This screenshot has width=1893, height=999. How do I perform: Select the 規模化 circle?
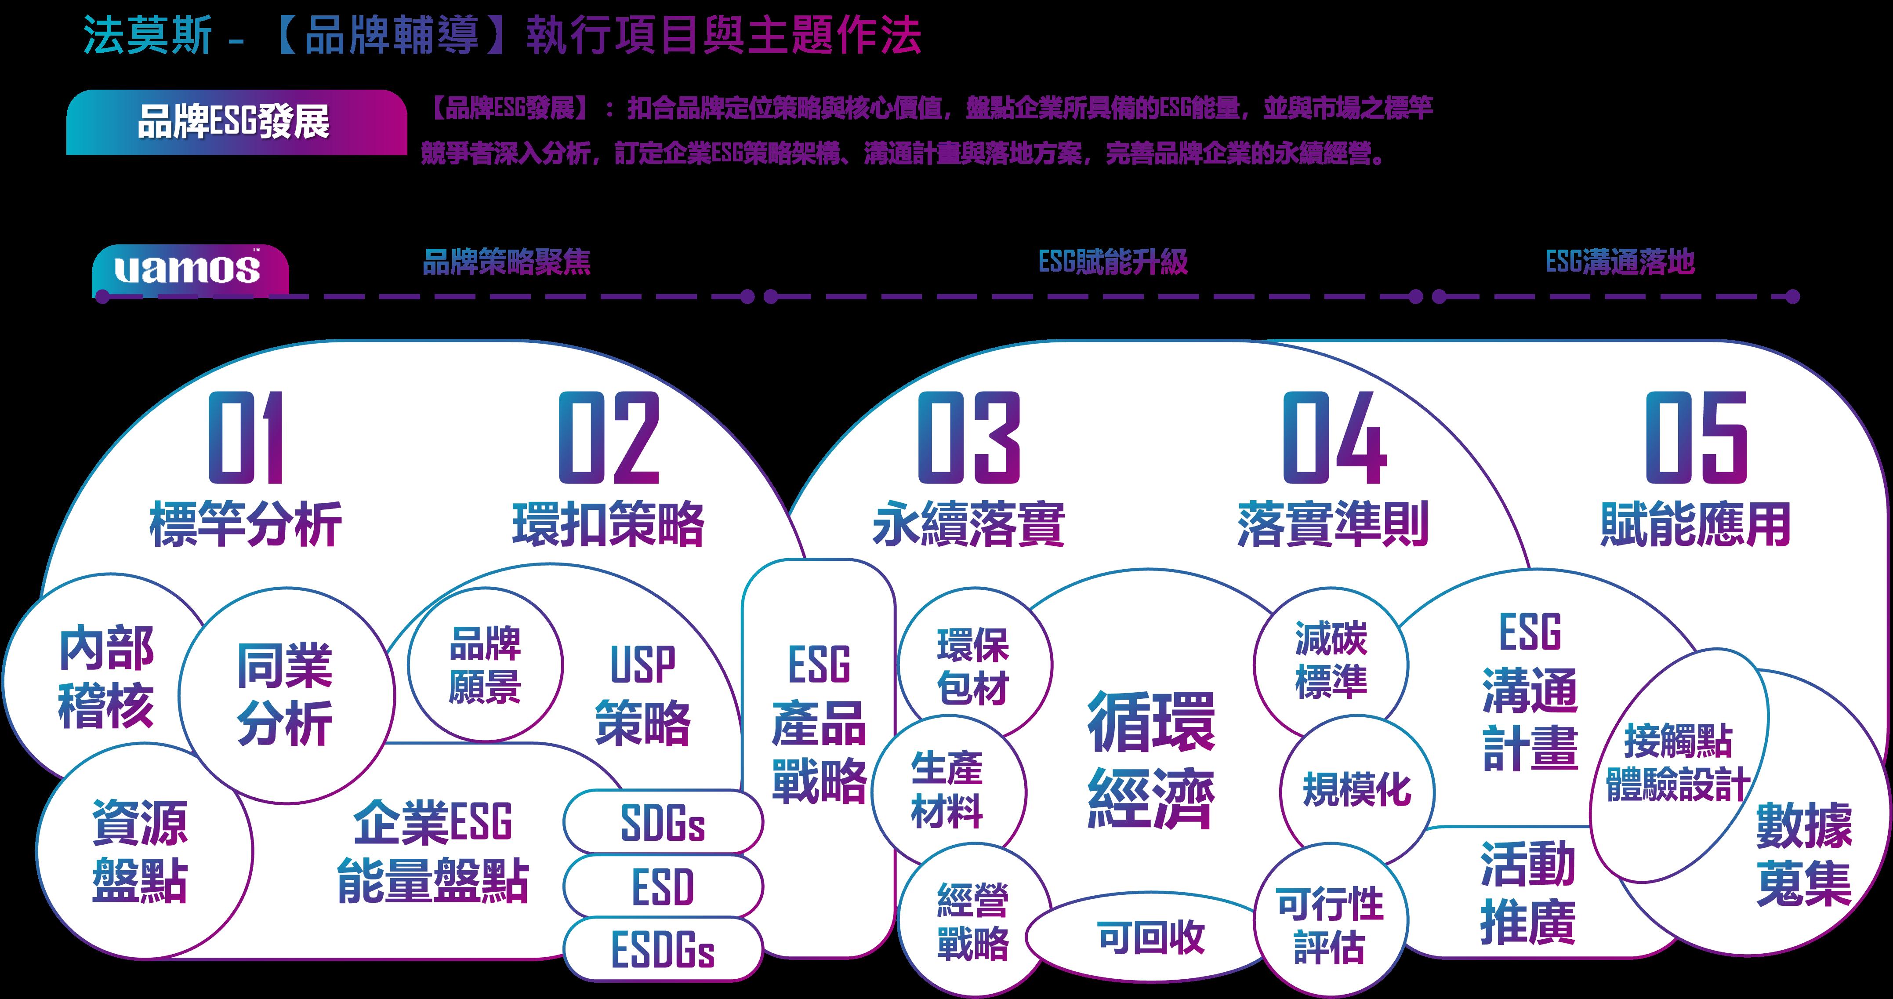1356,790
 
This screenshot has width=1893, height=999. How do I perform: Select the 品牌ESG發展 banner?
235,123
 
